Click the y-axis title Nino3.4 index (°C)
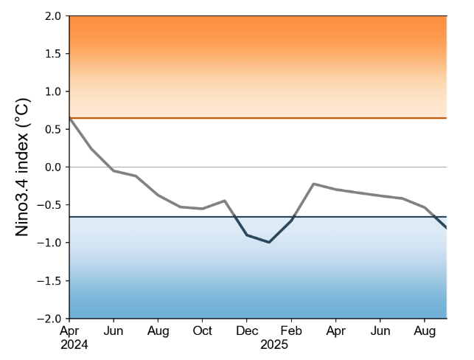[x=23, y=167]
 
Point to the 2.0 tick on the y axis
[x=53, y=15]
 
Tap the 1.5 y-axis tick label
[x=53, y=54]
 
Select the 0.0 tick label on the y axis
[x=53, y=167]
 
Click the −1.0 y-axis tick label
[x=50, y=243]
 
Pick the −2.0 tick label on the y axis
[x=50, y=319]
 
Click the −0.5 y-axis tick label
[x=50, y=205]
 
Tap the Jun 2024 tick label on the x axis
[x=114, y=331]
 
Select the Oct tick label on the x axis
[x=202, y=331]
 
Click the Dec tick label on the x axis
[x=247, y=331]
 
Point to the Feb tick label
[x=291, y=331]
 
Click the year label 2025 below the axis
[x=274, y=345]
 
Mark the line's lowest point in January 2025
[x=269, y=242]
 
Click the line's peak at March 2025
[x=314, y=184]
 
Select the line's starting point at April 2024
[x=69, y=117]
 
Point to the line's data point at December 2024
[x=247, y=235]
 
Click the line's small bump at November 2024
[x=224, y=201]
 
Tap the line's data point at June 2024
[x=114, y=170]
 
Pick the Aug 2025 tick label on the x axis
[x=424, y=331]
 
